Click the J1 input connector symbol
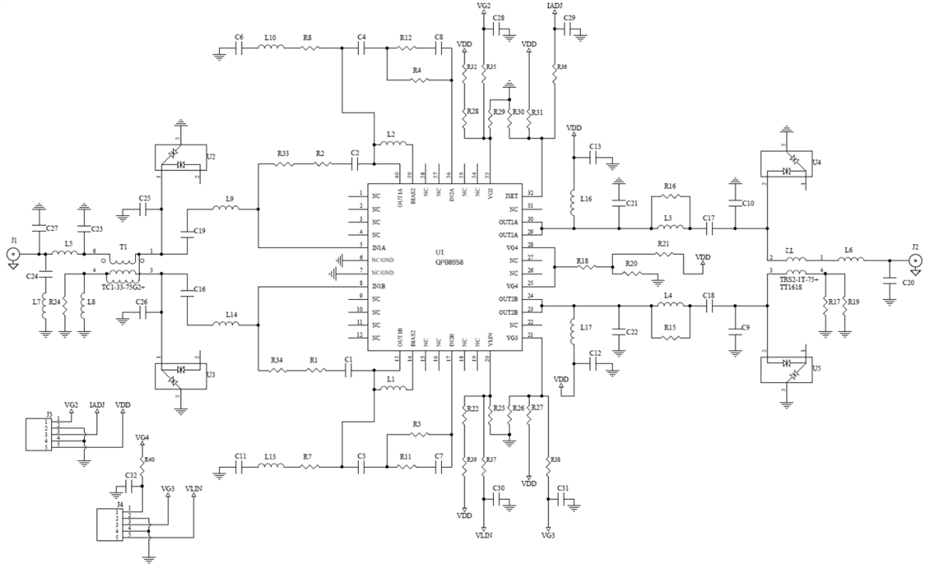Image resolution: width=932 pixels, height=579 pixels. coord(12,254)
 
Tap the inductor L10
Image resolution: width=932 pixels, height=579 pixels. coord(270,47)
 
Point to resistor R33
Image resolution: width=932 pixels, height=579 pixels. coord(283,164)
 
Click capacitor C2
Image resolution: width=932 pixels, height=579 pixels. coord(354,164)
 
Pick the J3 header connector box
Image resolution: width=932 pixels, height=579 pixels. coord(36,433)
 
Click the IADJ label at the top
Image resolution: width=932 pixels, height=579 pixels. coord(555,6)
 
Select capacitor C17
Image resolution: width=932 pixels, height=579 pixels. coord(708,228)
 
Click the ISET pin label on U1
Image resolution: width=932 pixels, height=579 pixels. coord(511,195)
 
